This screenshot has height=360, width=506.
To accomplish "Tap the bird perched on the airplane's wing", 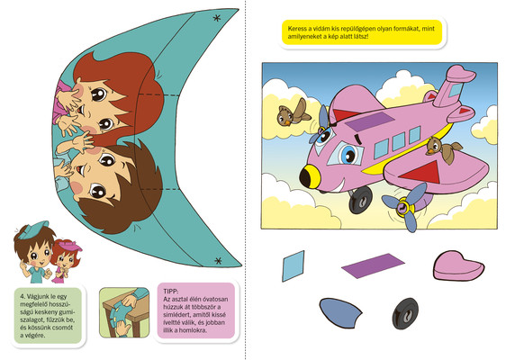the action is point(444,149).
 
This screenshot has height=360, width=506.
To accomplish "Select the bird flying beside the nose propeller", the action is point(293,112).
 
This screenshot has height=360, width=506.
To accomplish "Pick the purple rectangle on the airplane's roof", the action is point(370,121).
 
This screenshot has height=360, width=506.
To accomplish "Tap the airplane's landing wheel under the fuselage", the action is point(360,200).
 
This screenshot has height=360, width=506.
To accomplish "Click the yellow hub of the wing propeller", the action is point(403,206).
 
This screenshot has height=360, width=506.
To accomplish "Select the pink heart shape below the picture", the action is point(458,265).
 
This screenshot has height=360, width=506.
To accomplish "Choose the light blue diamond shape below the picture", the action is point(293,266).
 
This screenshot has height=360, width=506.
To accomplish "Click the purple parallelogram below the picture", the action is point(373,265).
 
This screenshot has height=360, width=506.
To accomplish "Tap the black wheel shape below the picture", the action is point(405,313).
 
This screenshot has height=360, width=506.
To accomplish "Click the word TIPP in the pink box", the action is point(171,292).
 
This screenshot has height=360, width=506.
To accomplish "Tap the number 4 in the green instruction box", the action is point(22,296).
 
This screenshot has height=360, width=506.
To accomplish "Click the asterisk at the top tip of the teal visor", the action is point(217,18).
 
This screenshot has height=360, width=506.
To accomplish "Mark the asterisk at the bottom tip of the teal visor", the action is point(218,260).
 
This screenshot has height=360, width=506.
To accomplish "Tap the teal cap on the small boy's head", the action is point(33,229).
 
